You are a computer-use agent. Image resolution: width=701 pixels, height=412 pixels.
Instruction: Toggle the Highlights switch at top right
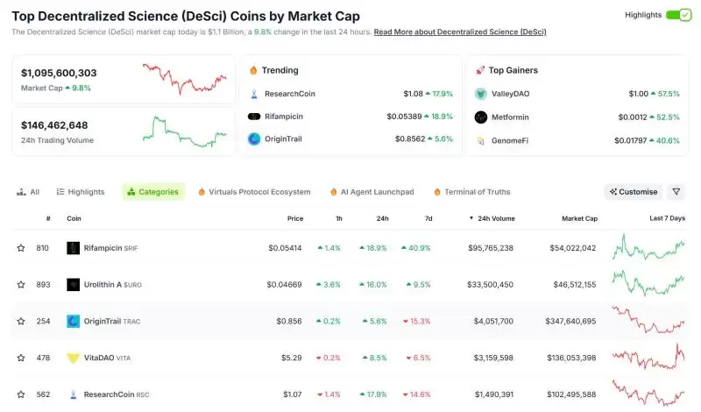click(x=678, y=15)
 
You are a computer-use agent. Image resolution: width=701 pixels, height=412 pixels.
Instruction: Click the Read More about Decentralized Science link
click(x=459, y=32)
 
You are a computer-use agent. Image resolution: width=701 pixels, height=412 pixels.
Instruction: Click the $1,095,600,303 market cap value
click(x=59, y=73)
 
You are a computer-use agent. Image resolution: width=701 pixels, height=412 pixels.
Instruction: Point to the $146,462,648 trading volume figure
click(x=54, y=125)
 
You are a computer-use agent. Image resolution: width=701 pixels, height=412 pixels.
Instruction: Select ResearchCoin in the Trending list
click(x=290, y=93)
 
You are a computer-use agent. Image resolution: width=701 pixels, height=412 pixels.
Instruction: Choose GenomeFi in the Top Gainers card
click(x=510, y=139)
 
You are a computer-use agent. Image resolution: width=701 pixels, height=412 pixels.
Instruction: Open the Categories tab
click(x=153, y=191)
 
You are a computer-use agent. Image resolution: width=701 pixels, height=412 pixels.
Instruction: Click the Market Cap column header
click(x=579, y=217)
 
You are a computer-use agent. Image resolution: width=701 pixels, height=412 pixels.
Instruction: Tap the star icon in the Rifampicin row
click(x=21, y=248)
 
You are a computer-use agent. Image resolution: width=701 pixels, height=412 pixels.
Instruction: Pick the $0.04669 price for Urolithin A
click(x=285, y=284)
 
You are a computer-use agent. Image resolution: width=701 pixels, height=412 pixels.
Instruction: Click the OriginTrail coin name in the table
click(x=102, y=321)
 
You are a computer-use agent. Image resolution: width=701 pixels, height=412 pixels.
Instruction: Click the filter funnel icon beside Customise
click(x=676, y=191)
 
